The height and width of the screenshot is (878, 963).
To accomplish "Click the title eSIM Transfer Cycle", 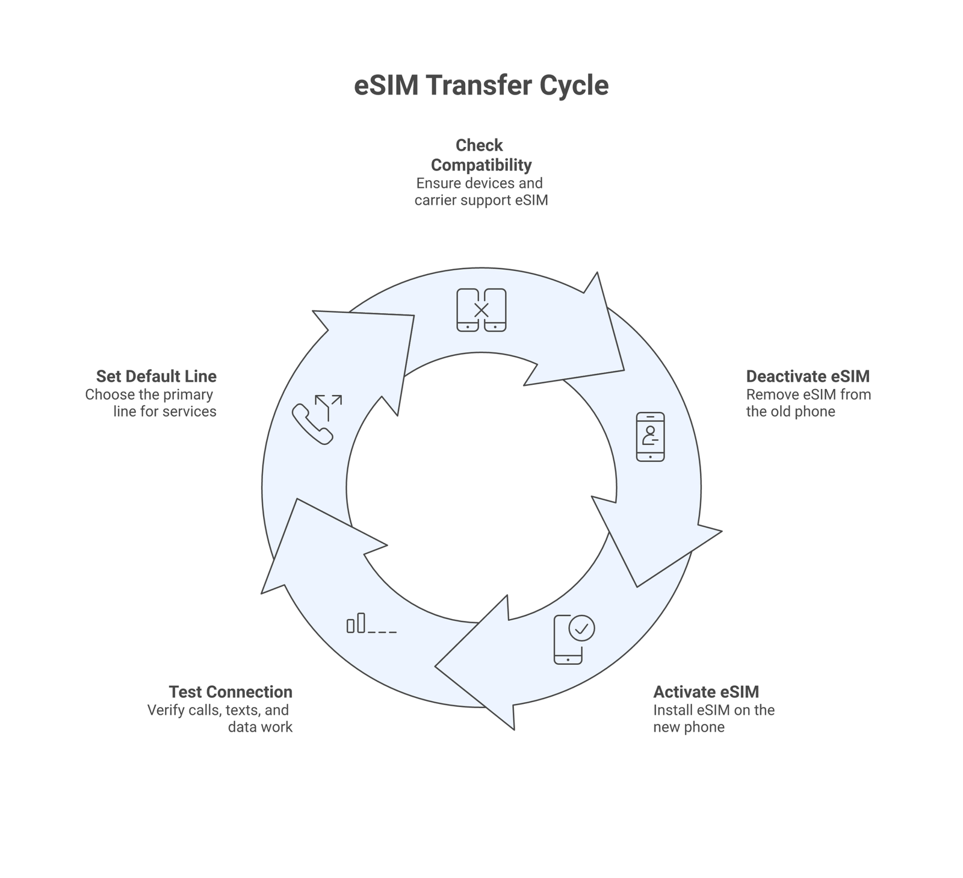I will pos(481,86).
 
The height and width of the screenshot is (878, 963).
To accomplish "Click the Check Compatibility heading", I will pos(480,155).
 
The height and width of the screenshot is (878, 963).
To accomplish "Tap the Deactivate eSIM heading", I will pos(808,376).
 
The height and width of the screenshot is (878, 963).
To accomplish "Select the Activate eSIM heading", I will pos(706,692).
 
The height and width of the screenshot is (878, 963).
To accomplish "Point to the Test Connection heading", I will pos(231,692).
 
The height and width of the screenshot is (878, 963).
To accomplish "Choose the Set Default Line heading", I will pos(156,376).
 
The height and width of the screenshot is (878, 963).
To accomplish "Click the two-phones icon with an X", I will pos(481,310).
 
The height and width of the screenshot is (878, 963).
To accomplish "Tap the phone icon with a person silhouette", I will pos(650,437).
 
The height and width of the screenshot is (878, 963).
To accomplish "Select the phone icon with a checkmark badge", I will pos(573,640).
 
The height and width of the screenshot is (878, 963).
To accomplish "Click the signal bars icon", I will pos(371,623).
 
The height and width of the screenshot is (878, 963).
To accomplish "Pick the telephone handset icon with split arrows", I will pos(317,419).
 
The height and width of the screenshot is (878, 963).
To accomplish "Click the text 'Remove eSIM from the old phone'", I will pos(808,403).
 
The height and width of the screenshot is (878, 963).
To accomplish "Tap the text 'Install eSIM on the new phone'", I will pos(714,718).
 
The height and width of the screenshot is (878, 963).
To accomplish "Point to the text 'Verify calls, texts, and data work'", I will pos(220,718).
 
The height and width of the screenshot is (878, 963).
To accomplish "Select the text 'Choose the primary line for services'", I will pos(151,403).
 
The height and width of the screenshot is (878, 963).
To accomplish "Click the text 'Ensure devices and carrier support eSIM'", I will pos(481,191).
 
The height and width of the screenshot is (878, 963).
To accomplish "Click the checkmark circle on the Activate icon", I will pos(581,628).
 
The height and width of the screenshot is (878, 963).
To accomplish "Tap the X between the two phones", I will pos(481,311).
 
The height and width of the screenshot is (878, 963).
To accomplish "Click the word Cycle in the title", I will pos(574,86).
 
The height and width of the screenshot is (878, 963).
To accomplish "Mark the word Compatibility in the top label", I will pos(481,165).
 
